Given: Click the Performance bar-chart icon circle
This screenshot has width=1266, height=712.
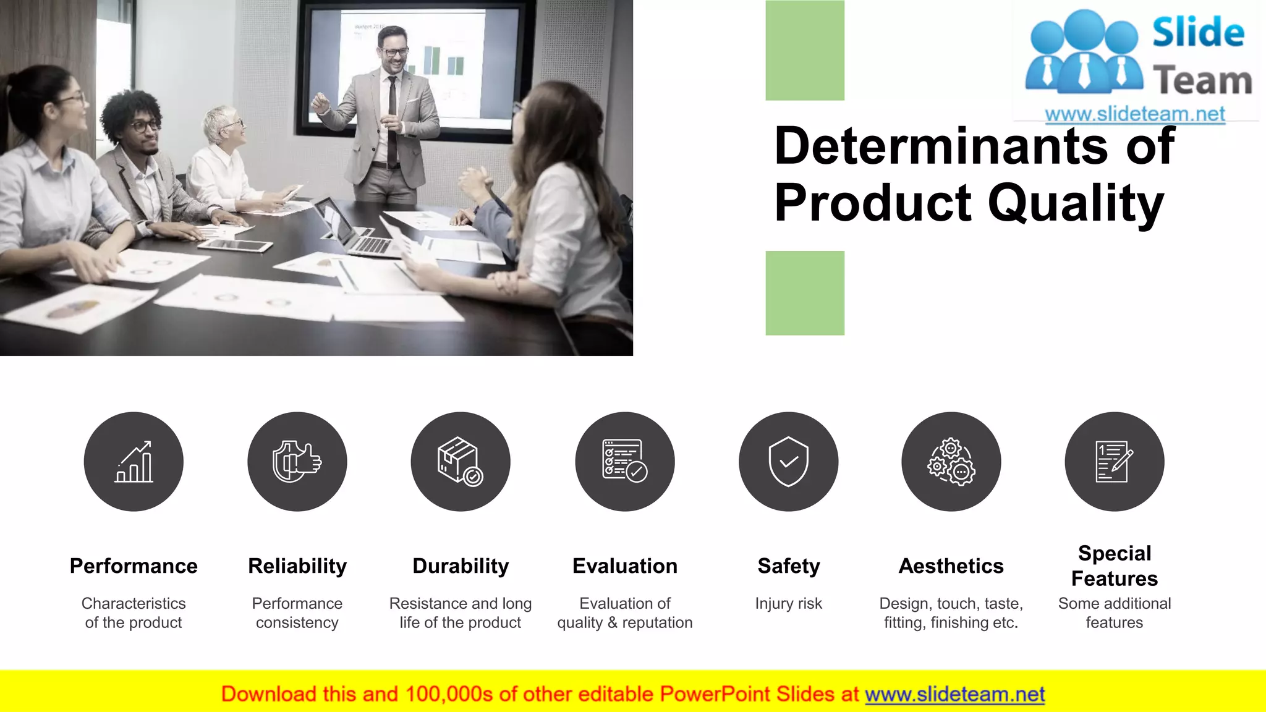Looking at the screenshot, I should [134, 462].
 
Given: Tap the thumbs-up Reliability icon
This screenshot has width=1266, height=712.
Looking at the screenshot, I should [297, 462].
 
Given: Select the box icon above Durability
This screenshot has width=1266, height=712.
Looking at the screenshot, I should [461, 462].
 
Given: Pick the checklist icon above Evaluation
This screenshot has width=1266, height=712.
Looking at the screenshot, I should [624, 462].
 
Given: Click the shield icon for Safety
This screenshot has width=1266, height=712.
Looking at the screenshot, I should [788, 462].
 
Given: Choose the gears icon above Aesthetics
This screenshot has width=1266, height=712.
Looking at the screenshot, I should [951, 462].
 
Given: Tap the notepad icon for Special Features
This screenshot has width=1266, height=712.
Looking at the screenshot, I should [1114, 462].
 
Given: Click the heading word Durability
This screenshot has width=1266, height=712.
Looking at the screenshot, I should [461, 566].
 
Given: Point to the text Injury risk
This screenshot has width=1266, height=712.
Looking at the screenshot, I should [788, 603].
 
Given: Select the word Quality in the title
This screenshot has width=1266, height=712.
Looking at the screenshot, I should [1076, 204].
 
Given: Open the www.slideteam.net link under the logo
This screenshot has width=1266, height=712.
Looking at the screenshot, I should [1134, 114].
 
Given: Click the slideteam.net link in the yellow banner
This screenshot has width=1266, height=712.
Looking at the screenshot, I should [954, 694].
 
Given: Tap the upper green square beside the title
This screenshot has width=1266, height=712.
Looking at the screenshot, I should [805, 50].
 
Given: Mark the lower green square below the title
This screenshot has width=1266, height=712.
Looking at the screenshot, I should [805, 293].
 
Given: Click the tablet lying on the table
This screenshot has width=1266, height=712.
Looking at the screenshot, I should [235, 245].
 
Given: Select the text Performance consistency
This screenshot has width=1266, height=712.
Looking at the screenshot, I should [297, 612].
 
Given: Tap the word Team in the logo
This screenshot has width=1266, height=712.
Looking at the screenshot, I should [1202, 82].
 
